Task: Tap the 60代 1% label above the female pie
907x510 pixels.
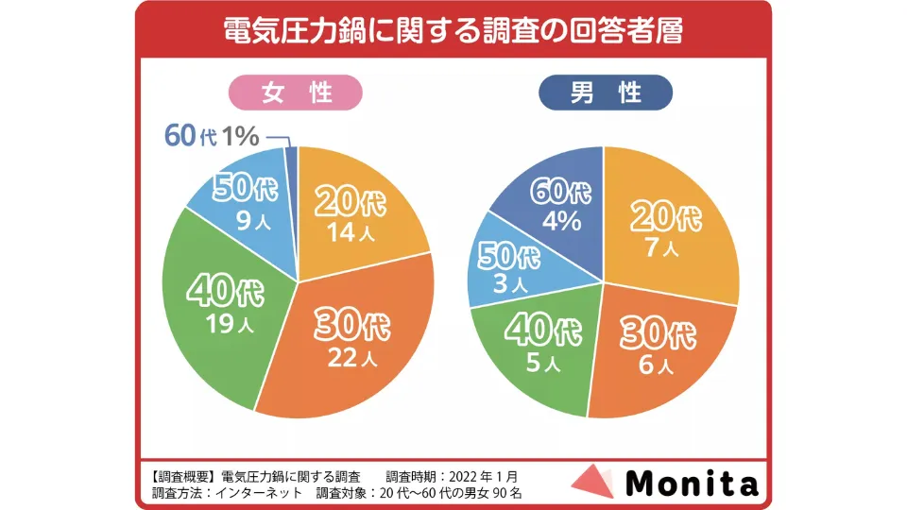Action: pyautogui.click(x=212, y=136)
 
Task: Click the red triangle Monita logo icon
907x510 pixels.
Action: pyautogui.click(x=593, y=482)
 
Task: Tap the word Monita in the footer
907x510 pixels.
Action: pyautogui.click(x=692, y=484)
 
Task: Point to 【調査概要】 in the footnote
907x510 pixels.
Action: pyautogui.click(x=183, y=475)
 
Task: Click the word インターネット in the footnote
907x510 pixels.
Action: pyautogui.click(x=262, y=492)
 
